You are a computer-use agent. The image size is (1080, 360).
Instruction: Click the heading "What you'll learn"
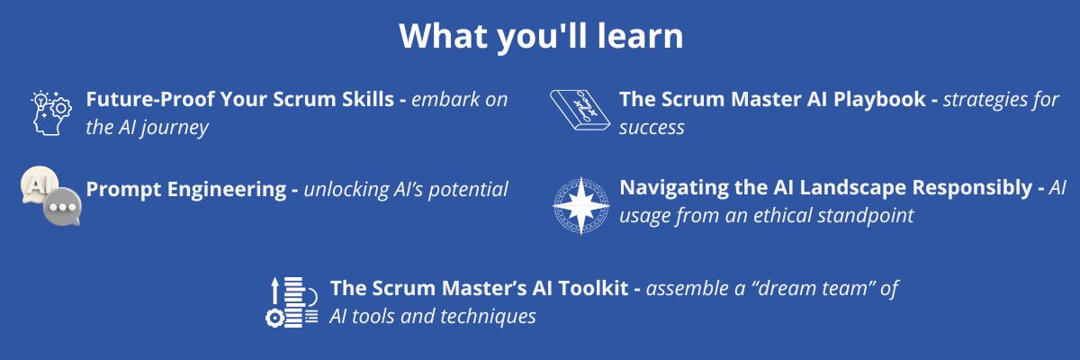(541, 37)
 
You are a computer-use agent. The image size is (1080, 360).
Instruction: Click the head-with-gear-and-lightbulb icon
(51, 113)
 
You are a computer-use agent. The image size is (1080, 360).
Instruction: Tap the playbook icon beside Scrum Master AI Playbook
(580, 111)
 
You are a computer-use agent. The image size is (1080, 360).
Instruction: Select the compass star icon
(581, 206)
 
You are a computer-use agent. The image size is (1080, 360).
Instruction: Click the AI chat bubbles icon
(51, 196)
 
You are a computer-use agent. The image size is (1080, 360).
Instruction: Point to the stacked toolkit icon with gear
(292, 302)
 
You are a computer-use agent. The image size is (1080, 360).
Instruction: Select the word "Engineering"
(227, 190)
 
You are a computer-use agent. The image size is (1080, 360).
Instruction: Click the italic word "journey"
(175, 128)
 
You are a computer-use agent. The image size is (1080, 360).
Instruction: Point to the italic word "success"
(652, 128)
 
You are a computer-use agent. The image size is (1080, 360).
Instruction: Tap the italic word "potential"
(468, 190)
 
